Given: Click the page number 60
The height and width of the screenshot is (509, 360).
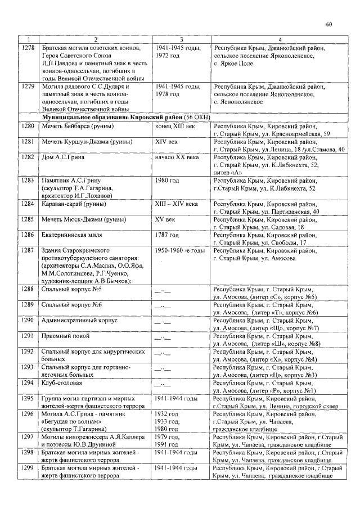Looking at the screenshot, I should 329,24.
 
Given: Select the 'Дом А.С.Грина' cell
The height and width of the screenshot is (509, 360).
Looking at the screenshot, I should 64,157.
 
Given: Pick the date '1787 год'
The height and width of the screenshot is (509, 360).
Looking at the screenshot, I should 167,235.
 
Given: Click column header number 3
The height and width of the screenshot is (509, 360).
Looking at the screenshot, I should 181,40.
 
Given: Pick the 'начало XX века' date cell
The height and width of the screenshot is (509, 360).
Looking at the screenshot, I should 177,157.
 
